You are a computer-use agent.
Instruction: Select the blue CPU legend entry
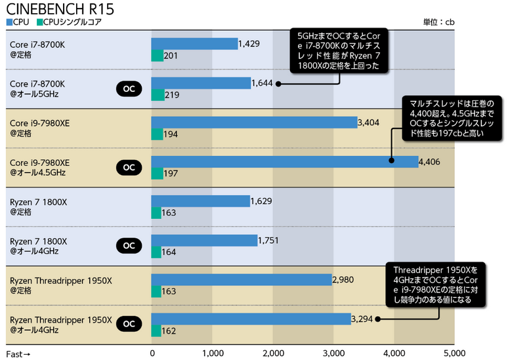(x=18, y=22)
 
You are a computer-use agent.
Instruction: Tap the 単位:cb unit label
(x=438, y=22)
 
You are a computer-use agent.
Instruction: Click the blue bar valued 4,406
(x=284, y=161)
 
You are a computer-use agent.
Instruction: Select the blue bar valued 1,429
(x=194, y=43)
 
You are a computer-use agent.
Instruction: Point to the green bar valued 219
(x=157, y=95)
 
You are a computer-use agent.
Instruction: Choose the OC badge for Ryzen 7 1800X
(x=129, y=245)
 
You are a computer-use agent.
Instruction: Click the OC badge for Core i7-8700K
(x=129, y=88)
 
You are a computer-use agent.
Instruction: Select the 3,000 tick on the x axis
(x=333, y=354)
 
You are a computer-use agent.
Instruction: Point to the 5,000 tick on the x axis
(x=454, y=354)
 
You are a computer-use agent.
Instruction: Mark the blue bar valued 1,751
(x=204, y=241)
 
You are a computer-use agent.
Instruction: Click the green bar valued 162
(x=156, y=331)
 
